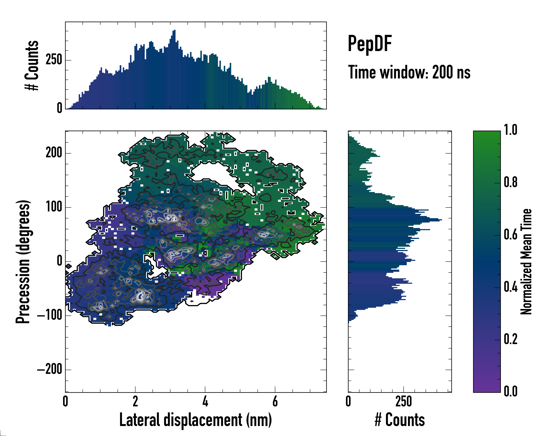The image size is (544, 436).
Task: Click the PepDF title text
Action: tap(370, 43)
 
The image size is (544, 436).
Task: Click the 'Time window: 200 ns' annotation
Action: tap(409, 72)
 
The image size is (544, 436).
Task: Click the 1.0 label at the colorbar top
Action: tap(510, 130)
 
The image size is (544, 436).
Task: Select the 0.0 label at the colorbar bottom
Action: tap(510, 391)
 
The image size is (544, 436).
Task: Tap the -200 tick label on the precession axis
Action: tap(50, 370)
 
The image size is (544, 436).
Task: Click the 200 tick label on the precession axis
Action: tap(54, 153)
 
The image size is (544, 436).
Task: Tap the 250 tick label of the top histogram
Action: tap(54, 60)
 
